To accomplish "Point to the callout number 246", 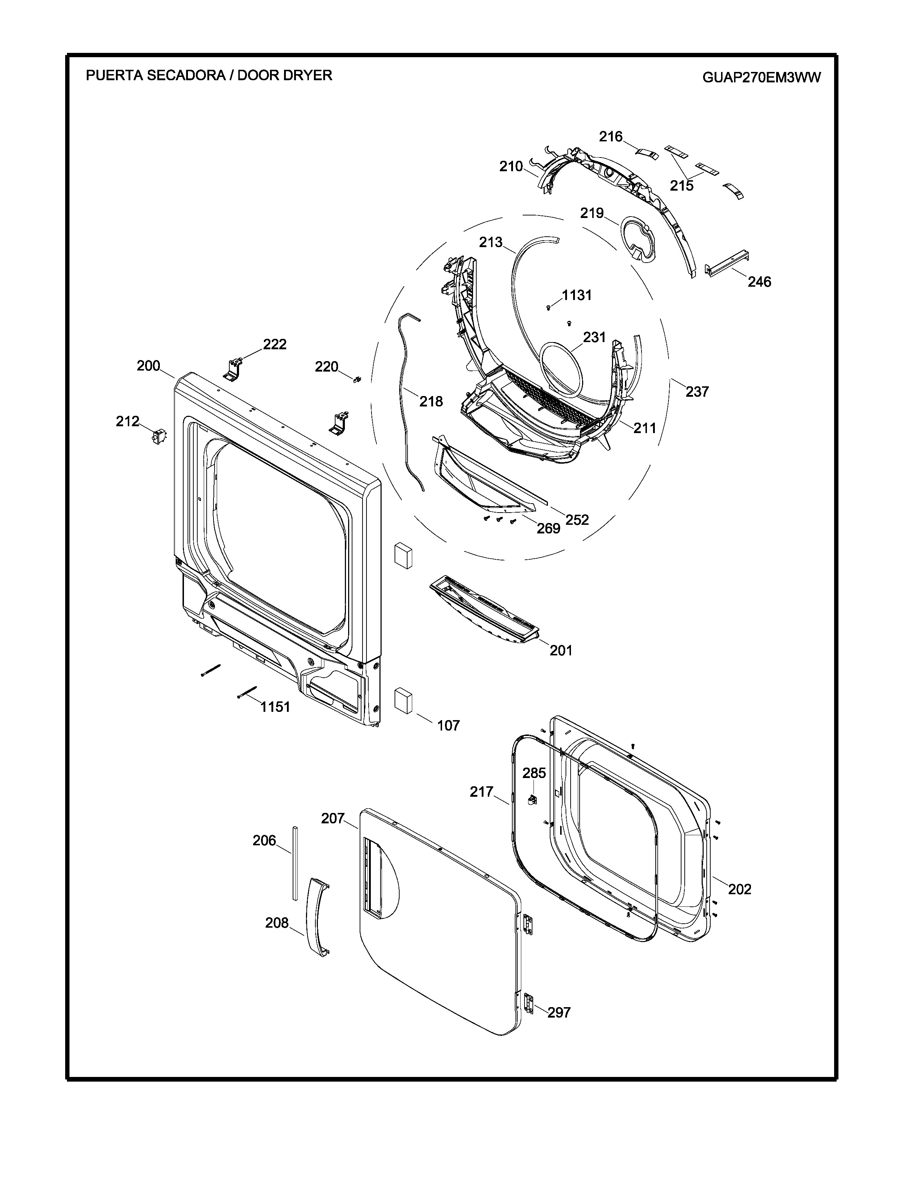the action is [x=759, y=282].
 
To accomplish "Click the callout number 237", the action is [x=697, y=391].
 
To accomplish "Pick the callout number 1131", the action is [x=576, y=295].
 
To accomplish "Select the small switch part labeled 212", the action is [x=159, y=436].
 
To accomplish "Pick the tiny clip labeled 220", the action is [x=357, y=379].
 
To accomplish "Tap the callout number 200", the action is [x=148, y=366].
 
